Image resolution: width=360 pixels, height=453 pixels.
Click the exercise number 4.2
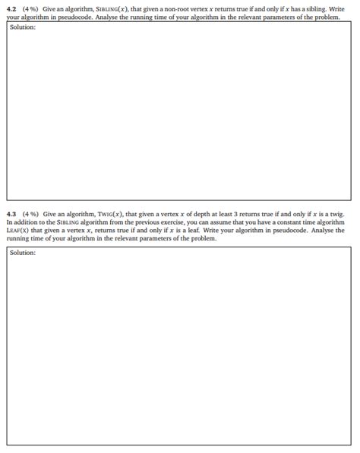point(11,8)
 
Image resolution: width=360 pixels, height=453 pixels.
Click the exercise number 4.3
point(11,215)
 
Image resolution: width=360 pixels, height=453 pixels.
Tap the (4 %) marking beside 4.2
point(30,8)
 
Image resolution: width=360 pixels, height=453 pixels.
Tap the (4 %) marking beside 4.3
point(30,215)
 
